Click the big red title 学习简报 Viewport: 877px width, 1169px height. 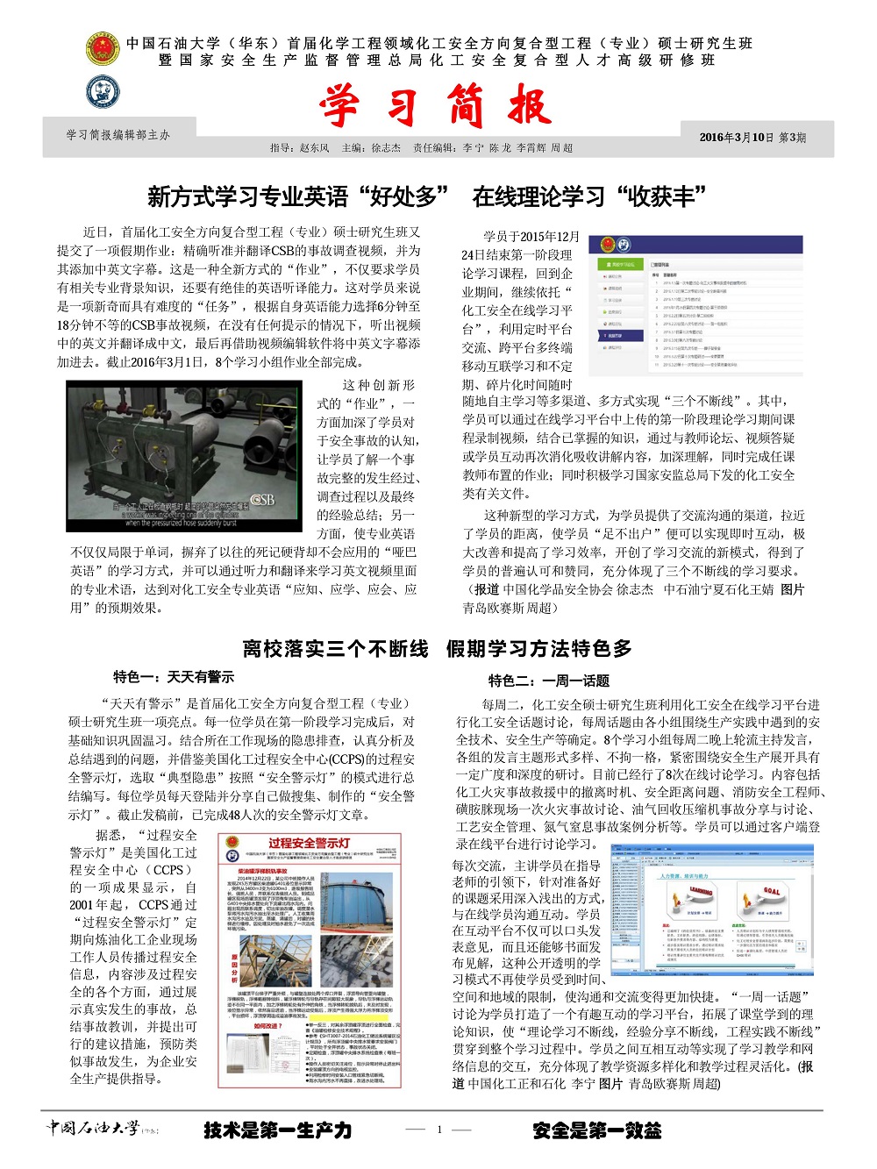436,107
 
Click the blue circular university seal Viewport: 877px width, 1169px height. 103,91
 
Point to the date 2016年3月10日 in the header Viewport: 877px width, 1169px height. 737,138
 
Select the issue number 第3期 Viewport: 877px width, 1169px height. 793,138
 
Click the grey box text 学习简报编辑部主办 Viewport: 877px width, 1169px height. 118,135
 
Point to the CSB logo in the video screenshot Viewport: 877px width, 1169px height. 262,499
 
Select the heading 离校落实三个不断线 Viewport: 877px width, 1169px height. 335,649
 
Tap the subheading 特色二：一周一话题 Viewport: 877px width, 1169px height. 549,681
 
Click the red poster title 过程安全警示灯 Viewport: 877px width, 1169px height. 309,844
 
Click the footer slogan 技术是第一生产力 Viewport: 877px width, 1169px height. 277,1130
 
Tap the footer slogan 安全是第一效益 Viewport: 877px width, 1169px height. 596,1130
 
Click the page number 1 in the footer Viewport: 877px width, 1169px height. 439,1130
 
